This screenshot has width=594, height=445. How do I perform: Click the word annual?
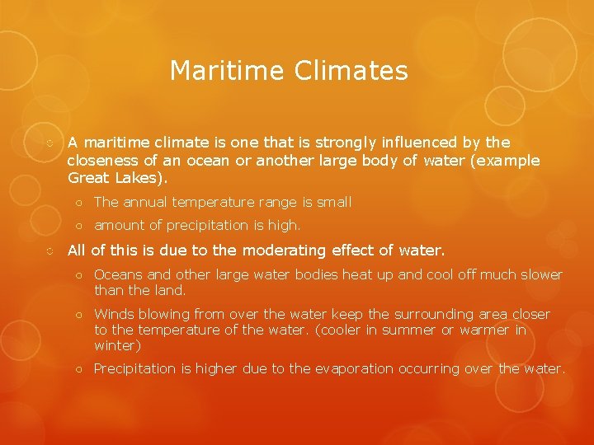(x=148, y=202)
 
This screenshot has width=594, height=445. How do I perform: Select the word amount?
(x=118, y=225)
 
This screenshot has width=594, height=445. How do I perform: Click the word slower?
(x=538, y=274)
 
